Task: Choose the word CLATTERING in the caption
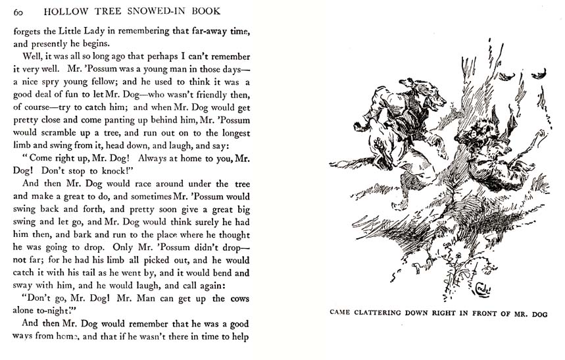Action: point(385,313)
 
